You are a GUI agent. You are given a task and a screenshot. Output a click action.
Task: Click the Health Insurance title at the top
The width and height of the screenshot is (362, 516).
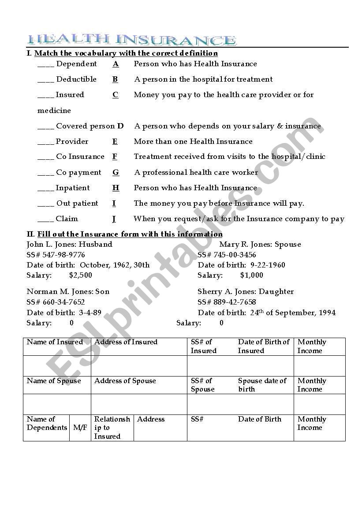click(131, 40)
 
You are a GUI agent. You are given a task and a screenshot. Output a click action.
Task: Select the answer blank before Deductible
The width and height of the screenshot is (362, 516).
click(45, 80)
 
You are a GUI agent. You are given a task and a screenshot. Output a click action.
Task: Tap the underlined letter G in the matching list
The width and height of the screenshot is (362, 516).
click(116, 173)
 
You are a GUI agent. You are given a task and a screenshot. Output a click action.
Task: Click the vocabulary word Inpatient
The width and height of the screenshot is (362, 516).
click(72, 188)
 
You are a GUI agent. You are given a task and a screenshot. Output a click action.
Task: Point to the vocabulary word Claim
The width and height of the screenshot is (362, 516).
click(67, 219)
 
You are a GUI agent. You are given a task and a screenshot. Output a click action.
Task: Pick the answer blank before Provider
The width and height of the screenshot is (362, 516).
click(45, 143)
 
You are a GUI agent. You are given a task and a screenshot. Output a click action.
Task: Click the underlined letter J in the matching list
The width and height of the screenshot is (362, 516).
click(114, 219)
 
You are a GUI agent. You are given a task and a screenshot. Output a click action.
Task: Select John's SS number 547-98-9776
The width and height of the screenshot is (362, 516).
click(62, 255)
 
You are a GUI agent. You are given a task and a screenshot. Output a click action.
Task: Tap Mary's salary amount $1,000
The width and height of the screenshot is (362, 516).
click(251, 275)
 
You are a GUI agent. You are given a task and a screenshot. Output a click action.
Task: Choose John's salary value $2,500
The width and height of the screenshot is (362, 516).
click(81, 275)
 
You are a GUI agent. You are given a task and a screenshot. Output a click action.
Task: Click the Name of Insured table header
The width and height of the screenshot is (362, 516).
click(55, 342)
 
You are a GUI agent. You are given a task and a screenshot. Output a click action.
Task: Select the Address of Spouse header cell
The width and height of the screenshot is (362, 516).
click(125, 381)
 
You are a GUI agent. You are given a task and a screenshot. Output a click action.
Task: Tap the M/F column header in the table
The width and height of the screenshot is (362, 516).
click(80, 428)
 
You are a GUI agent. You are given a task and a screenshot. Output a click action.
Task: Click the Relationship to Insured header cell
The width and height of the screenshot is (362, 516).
click(112, 428)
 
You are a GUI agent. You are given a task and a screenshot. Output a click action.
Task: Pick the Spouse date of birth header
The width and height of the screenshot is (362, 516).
click(262, 385)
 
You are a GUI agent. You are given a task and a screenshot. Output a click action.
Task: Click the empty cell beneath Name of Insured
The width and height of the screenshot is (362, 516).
click(57, 366)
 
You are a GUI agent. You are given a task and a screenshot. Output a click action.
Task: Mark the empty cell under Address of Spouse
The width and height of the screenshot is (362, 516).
click(139, 404)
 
